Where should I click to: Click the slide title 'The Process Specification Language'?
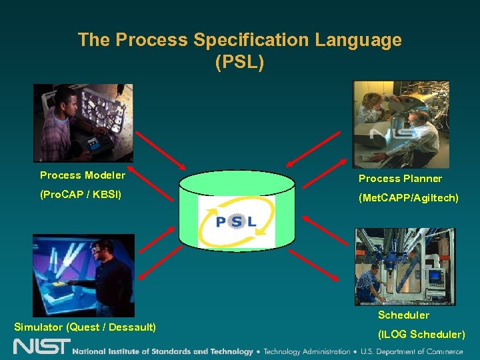point(239,40)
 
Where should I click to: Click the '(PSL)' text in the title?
point(239,63)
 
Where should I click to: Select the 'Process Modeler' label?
point(83,175)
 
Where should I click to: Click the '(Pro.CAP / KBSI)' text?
point(81,197)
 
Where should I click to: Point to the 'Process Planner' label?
point(400,179)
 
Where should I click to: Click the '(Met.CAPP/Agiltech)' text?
point(408,198)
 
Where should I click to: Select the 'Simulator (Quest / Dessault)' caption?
point(85,327)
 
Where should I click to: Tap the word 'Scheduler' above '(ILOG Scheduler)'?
point(403,315)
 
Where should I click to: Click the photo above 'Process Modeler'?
point(83,123)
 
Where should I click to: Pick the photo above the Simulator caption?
point(83,275)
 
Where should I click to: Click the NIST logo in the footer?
point(41,347)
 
